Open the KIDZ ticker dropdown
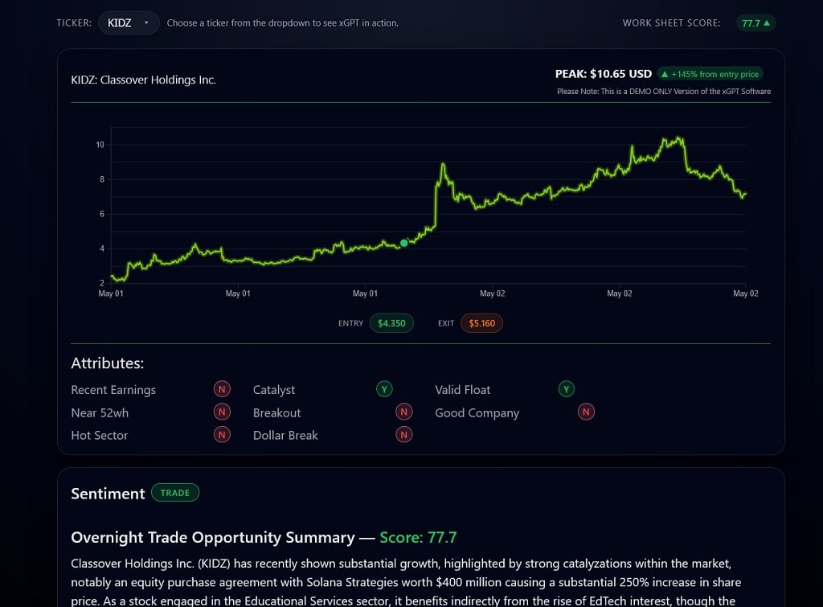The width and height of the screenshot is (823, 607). point(129,23)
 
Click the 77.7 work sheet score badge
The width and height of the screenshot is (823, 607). point(755,23)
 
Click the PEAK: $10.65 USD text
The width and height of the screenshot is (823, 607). point(603,74)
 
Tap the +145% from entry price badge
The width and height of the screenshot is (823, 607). point(710,74)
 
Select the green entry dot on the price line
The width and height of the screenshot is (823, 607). point(403,243)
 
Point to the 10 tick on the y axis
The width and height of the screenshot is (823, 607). point(100,145)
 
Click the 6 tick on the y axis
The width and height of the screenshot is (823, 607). point(101,214)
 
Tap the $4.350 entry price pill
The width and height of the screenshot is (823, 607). point(391,323)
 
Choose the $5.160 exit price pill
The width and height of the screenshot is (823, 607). point(481,323)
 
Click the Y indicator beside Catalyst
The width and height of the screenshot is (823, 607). point(384,389)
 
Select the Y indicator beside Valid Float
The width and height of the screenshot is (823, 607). point(567,389)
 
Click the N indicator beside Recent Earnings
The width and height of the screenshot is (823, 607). point(222,389)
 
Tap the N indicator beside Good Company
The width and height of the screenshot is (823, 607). point(587,412)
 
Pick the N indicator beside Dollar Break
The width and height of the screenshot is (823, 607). point(404,435)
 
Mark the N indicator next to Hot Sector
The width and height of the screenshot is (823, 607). point(222,435)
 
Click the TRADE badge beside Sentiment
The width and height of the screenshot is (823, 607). point(174,493)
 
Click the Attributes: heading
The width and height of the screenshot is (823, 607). point(107,363)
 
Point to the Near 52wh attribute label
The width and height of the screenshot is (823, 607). point(100,412)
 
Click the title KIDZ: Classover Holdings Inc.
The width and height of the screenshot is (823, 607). point(143,80)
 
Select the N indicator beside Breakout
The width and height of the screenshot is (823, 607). point(404,412)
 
